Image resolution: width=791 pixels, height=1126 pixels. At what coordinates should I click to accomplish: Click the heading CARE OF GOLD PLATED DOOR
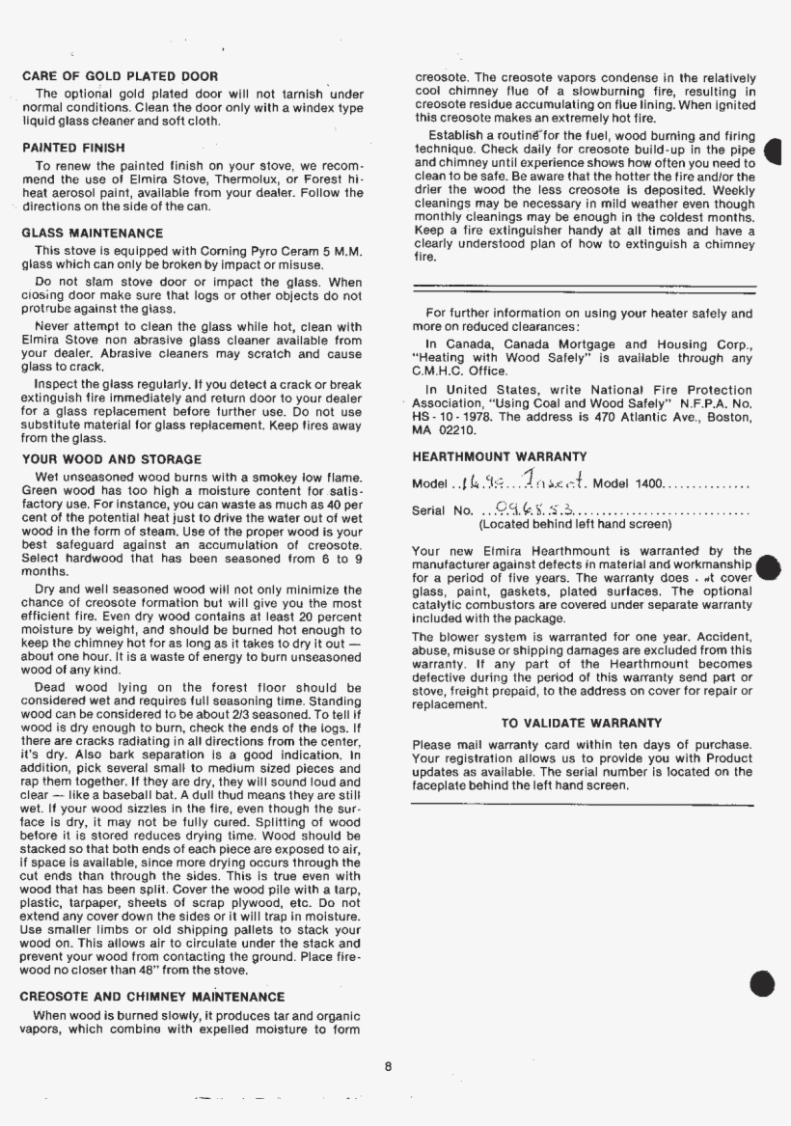120,76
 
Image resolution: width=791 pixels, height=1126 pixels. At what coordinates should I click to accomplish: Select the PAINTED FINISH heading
73,148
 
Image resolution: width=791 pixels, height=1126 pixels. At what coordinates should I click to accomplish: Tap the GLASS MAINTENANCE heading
92,233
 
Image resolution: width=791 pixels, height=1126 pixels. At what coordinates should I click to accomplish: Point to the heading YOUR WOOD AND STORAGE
111,459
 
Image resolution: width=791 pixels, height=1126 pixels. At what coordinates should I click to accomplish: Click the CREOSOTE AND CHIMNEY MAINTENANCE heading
152,997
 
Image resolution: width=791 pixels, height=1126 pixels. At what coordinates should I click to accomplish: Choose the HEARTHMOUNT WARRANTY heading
499,456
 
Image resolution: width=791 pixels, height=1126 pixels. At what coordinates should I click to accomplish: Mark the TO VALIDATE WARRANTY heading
582,723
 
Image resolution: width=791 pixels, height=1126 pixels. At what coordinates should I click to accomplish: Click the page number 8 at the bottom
387,1066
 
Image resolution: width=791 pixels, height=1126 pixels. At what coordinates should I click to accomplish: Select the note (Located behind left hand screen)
575,525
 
